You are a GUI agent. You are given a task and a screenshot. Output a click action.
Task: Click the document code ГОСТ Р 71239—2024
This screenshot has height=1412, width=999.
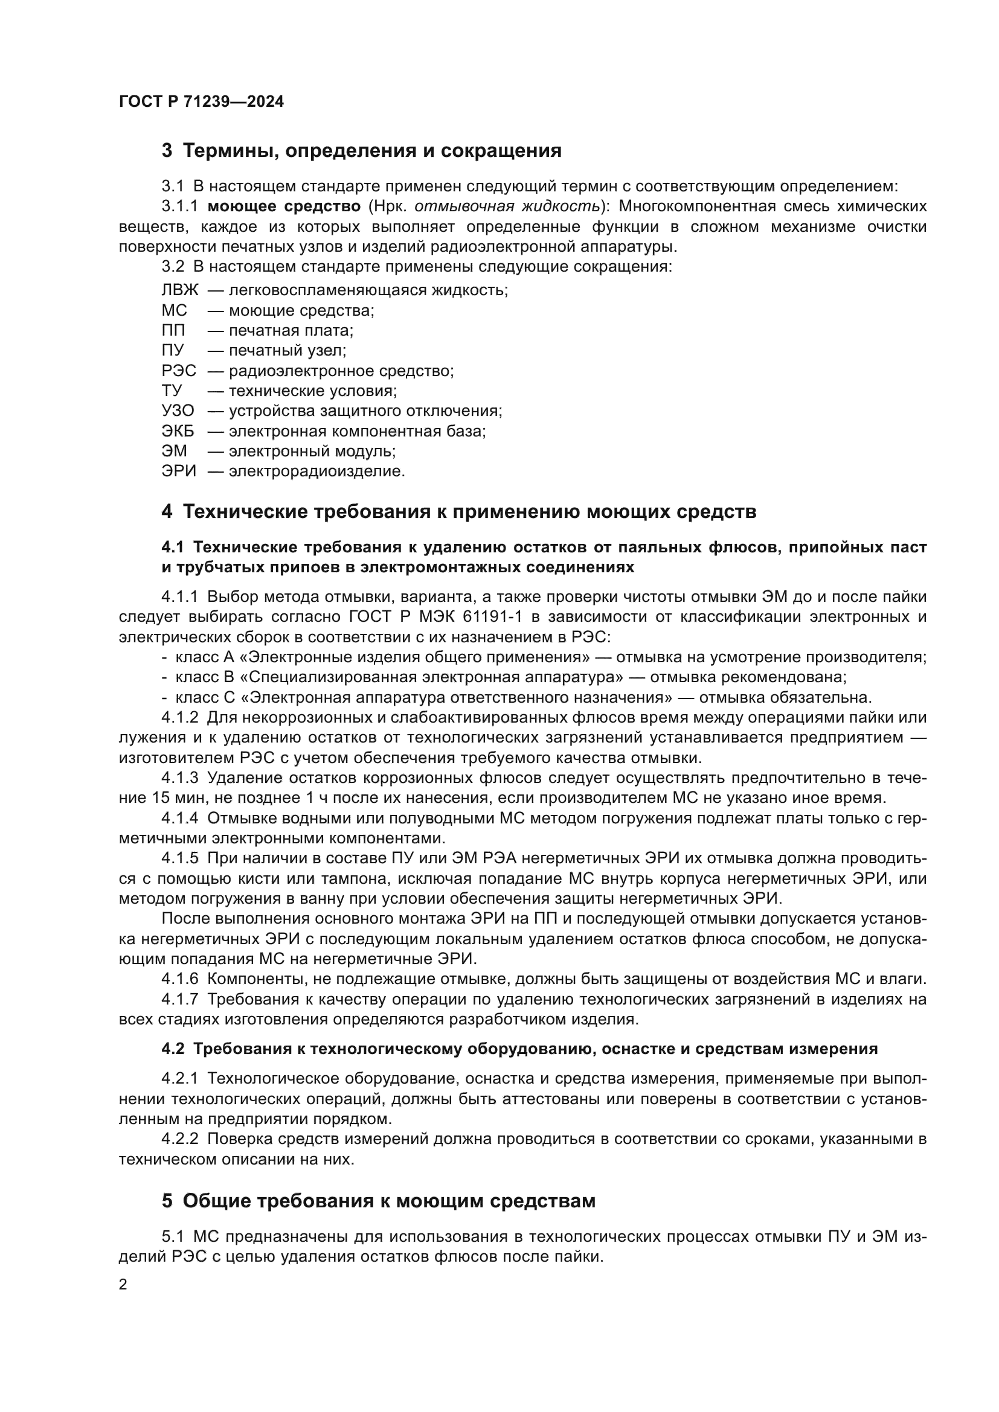click(201, 102)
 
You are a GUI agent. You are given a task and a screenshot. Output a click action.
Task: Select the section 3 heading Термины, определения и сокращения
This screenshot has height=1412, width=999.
click(362, 151)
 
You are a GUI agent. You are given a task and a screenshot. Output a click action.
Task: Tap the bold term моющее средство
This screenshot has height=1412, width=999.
click(284, 206)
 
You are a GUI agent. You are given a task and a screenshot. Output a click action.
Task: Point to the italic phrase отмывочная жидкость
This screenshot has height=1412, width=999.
click(507, 206)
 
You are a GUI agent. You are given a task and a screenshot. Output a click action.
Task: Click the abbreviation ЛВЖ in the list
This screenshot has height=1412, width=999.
click(179, 290)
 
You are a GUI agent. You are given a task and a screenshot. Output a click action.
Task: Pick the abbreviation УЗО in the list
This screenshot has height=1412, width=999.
click(178, 411)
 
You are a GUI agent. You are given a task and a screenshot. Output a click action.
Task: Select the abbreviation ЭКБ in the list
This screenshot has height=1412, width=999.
click(178, 431)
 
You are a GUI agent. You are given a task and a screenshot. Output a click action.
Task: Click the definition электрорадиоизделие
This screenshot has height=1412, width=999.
click(317, 471)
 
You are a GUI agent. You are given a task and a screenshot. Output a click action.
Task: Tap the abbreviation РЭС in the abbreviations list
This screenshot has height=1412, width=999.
click(179, 371)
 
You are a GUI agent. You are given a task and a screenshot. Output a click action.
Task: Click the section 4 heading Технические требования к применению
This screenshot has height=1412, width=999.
click(459, 512)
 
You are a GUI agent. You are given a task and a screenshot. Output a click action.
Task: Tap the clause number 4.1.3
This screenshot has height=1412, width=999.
click(179, 779)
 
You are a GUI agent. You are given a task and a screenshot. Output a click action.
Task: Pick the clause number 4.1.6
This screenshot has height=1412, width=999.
click(179, 979)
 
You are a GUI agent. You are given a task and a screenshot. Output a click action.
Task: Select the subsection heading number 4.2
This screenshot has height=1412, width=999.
click(173, 1049)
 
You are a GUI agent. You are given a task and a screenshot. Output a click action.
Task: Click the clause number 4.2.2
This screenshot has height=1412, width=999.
click(179, 1140)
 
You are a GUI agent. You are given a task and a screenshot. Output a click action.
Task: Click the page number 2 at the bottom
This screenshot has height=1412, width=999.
click(123, 1285)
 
